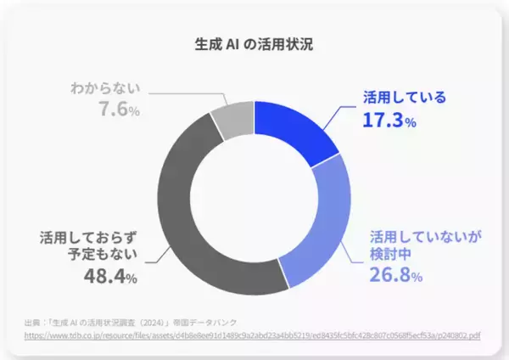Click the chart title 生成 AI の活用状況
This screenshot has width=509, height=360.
254,44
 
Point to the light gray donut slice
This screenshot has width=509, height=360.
232,117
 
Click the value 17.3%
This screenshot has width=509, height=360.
389,121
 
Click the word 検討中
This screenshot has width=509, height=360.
386,256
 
